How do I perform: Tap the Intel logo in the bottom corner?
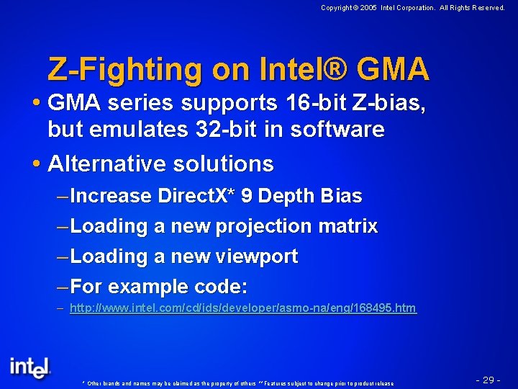coord(30,367)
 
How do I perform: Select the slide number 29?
coord(488,380)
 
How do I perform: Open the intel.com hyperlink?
coord(242,308)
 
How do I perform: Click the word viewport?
coord(258,256)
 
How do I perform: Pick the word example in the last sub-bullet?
coord(149,287)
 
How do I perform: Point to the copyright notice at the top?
coord(412,8)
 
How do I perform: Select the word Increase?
coord(112,196)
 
